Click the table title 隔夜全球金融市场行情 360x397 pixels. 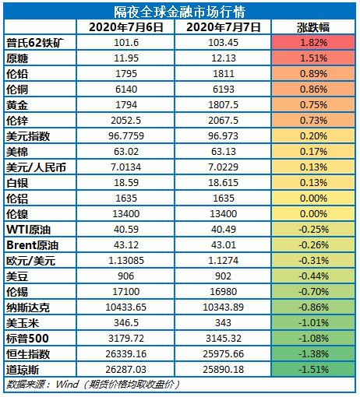click(x=179, y=12)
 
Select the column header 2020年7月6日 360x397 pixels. click(x=126, y=27)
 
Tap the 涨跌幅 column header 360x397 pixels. click(x=313, y=27)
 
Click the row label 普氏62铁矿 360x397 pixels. click(x=35, y=43)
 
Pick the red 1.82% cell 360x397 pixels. click(x=313, y=43)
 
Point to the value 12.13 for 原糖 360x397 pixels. click(x=224, y=58)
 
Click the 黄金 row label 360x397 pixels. click(x=17, y=105)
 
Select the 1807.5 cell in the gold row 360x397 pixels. click(x=224, y=105)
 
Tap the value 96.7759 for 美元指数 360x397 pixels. click(x=126, y=136)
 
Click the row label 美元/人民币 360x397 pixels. click(x=36, y=167)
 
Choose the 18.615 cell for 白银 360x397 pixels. click(x=224, y=183)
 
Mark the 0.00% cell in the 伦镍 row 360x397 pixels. click(x=313, y=214)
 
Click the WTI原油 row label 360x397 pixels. click(x=29, y=230)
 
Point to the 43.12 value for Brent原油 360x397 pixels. click(x=126, y=245)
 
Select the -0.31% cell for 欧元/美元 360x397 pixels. click(x=313, y=261)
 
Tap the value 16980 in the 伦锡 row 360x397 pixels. click(x=224, y=292)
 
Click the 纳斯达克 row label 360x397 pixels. click(x=28, y=307)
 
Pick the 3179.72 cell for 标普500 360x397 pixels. click(x=126, y=339)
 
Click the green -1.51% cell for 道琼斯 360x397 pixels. click(x=313, y=370)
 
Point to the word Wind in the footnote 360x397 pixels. click(x=67, y=384)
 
